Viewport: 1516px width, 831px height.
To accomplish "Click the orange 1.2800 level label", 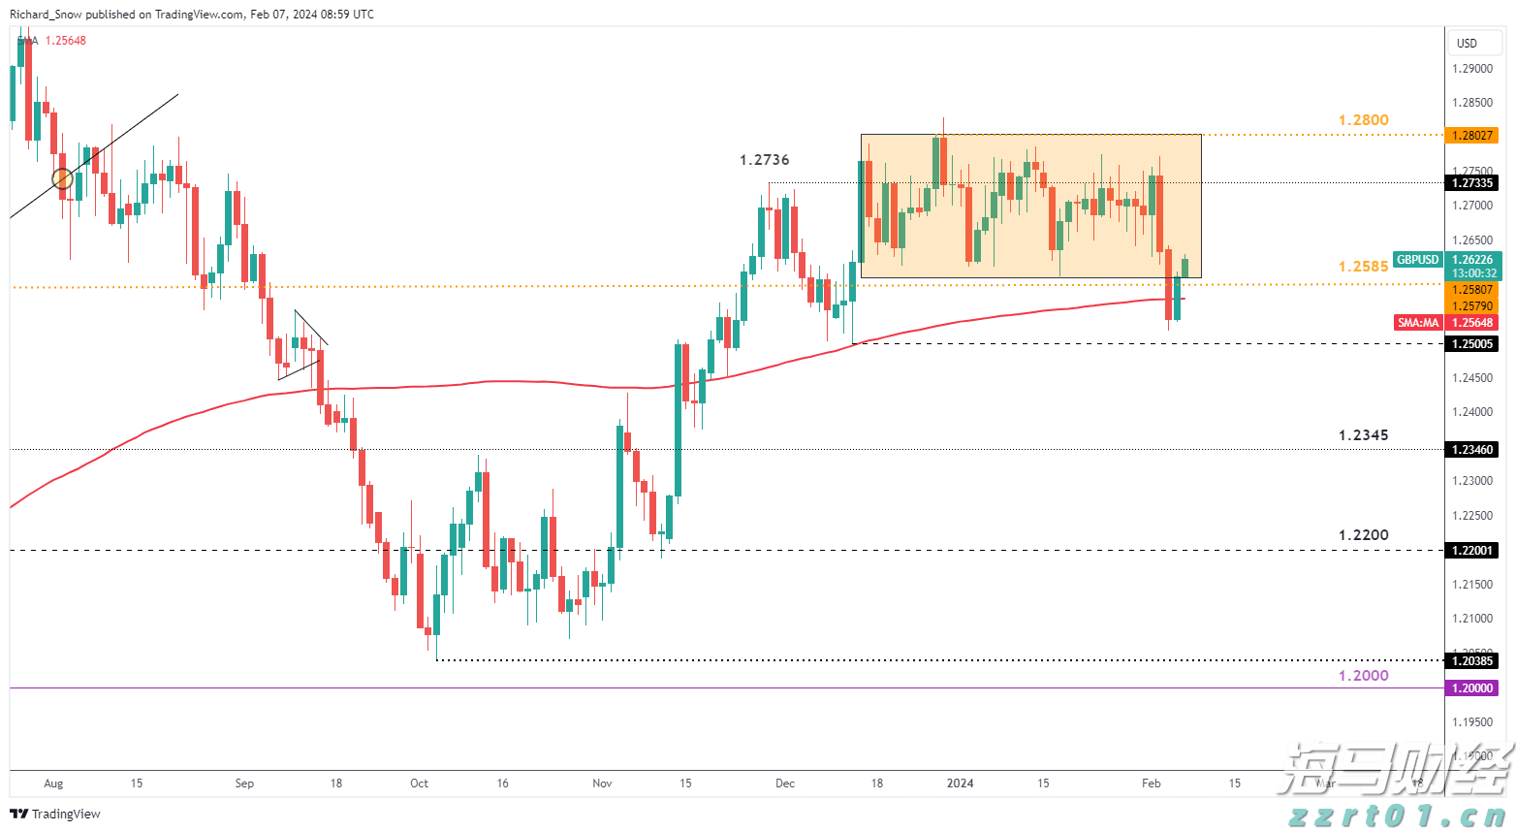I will pyautogui.click(x=1363, y=120).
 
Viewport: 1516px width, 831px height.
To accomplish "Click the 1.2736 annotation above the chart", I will pyautogui.click(x=764, y=160).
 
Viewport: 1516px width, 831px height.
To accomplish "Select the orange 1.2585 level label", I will pyautogui.click(x=1363, y=267).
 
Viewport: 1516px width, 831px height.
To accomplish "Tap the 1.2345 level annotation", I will pyautogui.click(x=1363, y=435).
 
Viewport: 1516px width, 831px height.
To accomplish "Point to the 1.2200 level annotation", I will pyautogui.click(x=1363, y=535).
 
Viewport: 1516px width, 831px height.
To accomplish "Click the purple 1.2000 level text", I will pyautogui.click(x=1363, y=676).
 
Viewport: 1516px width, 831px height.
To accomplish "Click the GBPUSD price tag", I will pyautogui.click(x=1417, y=260).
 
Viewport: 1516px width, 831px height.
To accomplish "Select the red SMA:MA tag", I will pyautogui.click(x=1417, y=323).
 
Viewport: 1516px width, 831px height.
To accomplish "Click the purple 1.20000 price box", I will pyautogui.click(x=1471, y=687).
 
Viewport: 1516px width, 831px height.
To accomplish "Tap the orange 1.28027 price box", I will pyautogui.click(x=1471, y=136).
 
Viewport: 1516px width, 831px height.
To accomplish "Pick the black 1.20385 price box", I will pyautogui.click(x=1471, y=660).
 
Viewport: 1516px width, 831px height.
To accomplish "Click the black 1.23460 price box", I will pyautogui.click(x=1471, y=450).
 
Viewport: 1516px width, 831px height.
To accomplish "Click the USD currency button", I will pyautogui.click(x=1467, y=44).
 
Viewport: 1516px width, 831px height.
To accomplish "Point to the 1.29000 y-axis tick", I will pyautogui.click(x=1471, y=69).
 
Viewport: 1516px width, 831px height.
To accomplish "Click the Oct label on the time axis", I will pyautogui.click(x=419, y=783).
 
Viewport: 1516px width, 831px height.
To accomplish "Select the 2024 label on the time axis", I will pyautogui.click(x=960, y=783).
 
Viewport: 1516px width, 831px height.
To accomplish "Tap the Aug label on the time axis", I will pyautogui.click(x=53, y=783).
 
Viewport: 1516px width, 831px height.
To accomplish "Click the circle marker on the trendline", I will pyautogui.click(x=62, y=178).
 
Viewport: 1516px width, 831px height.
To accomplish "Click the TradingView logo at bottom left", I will pyautogui.click(x=55, y=815).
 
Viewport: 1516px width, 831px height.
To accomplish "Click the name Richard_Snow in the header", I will pyautogui.click(x=46, y=15).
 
